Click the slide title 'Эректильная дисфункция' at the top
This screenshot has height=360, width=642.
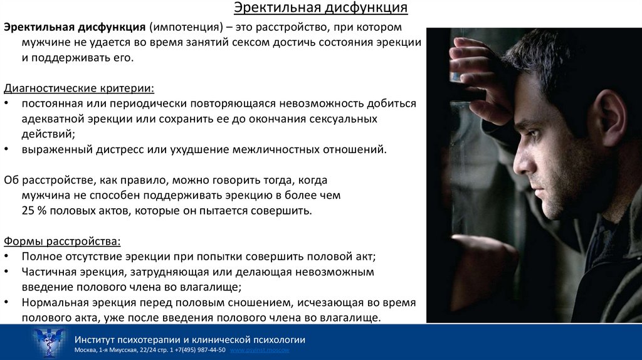pos(320,8)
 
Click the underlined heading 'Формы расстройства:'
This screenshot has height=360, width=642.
pos(62,241)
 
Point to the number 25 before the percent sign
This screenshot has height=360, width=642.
pos(28,211)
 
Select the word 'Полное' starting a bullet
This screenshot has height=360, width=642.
pos(41,257)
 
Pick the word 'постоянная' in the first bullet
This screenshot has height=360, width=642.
pos(49,103)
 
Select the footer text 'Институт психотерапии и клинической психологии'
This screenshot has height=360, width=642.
pos(189,339)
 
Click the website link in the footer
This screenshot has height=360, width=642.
pos(260,349)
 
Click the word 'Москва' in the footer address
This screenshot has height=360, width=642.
pos(85,349)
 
